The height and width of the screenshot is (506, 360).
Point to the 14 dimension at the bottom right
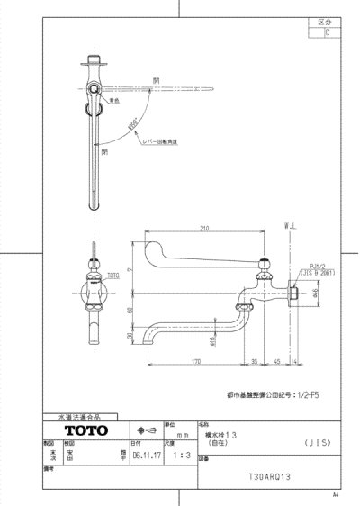(x=296, y=362)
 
